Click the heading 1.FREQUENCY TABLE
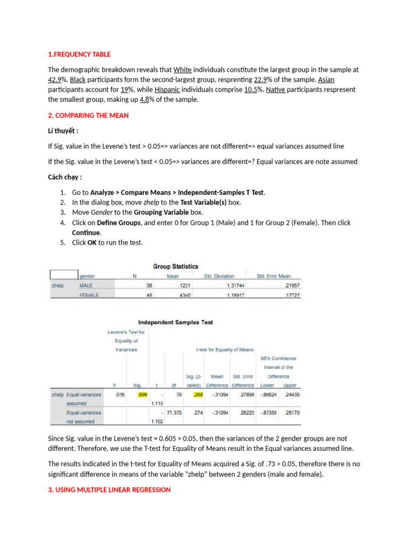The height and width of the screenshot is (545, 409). [x=79, y=54]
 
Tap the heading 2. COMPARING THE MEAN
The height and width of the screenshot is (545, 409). [x=88, y=115]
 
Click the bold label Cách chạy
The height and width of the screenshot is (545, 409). [x=66, y=177]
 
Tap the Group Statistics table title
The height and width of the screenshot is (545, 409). [x=176, y=266]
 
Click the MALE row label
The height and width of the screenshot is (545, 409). [x=86, y=286]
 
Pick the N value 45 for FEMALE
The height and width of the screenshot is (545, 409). [x=149, y=295]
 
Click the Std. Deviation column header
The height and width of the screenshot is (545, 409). [x=219, y=276]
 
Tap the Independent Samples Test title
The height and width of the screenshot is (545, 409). [x=176, y=322]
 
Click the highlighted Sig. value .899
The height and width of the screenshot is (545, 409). [x=142, y=395]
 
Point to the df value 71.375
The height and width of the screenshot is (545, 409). [x=174, y=412]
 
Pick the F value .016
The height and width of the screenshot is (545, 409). [x=119, y=395]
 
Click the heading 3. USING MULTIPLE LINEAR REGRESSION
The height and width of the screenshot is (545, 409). [x=109, y=489]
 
